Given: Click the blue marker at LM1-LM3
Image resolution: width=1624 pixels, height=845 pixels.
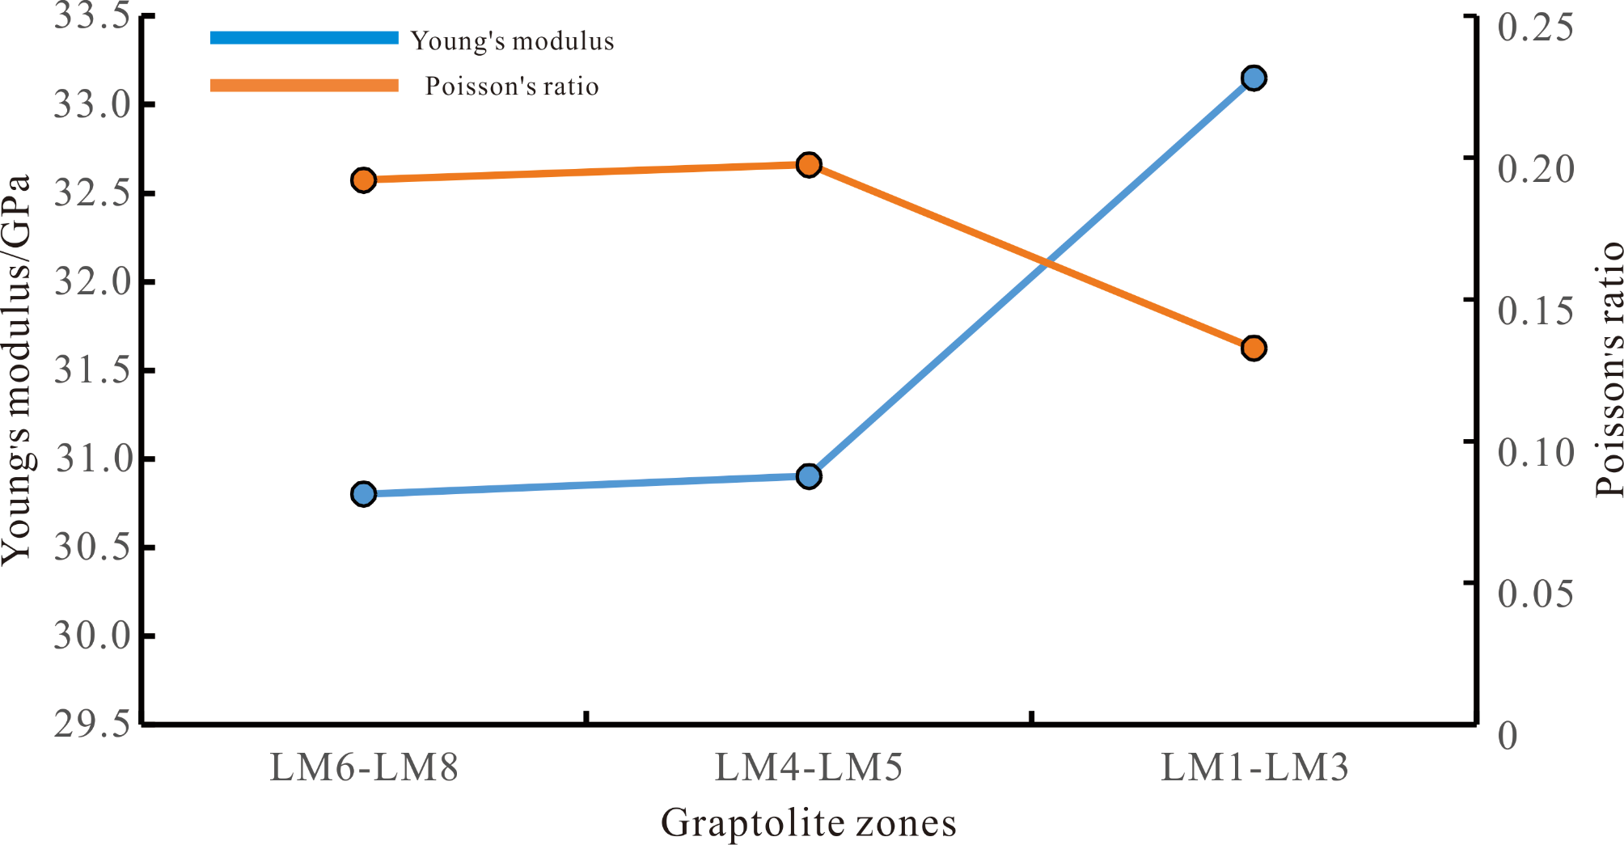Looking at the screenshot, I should click(1254, 78).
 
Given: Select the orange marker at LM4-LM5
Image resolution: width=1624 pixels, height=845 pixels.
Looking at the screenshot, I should click(809, 165).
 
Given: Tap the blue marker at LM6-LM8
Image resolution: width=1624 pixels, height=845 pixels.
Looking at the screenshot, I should click(364, 493).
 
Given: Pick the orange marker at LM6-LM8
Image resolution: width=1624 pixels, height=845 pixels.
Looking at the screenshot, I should click(364, 180).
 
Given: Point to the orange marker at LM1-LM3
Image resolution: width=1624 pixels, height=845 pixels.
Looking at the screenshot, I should click(1254, 349).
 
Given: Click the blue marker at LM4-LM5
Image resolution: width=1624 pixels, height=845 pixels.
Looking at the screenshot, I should click(809, 476).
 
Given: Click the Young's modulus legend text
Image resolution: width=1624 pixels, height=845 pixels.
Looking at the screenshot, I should click(512, 40).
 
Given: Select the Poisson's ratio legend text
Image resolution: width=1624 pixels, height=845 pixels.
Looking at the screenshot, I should click(512, 86).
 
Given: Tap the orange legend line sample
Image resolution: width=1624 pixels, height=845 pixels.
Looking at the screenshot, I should click(304, 86).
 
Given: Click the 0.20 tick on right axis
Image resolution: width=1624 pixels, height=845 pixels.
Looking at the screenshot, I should click(1535, 169).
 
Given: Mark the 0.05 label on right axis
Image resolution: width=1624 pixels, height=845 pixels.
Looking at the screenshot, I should click(1535, 594).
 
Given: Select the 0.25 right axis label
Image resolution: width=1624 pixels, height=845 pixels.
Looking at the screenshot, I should click(1535, 27).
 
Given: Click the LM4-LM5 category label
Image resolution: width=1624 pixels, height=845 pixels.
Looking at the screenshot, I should click(809, 767).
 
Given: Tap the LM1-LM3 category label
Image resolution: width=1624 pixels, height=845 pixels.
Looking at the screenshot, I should click(1254, 767).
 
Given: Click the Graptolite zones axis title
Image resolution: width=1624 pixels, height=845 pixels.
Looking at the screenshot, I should click(809, 823).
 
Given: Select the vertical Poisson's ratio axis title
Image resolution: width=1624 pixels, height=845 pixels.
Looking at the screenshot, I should click(1609, 369).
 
